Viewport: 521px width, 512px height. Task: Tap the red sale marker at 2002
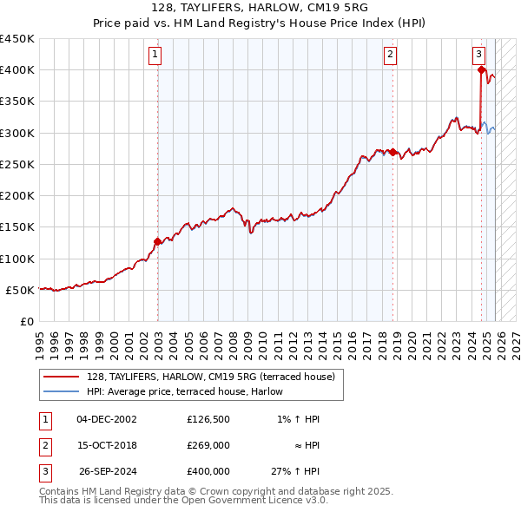[157, 242]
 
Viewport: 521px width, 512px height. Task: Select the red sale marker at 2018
[393, 153]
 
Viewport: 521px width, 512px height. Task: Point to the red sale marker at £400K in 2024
[481, 71]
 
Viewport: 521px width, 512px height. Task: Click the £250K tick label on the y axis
[17, 164]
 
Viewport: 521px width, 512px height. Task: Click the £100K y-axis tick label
[17, 259]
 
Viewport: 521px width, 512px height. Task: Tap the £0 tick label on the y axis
[26, 321]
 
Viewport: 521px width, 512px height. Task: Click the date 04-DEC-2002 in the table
[107, 419]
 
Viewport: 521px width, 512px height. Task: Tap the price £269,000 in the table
[208, 445]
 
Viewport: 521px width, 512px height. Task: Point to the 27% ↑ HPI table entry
[295, 471]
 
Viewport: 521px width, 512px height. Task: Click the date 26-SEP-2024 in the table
[108, 471]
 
